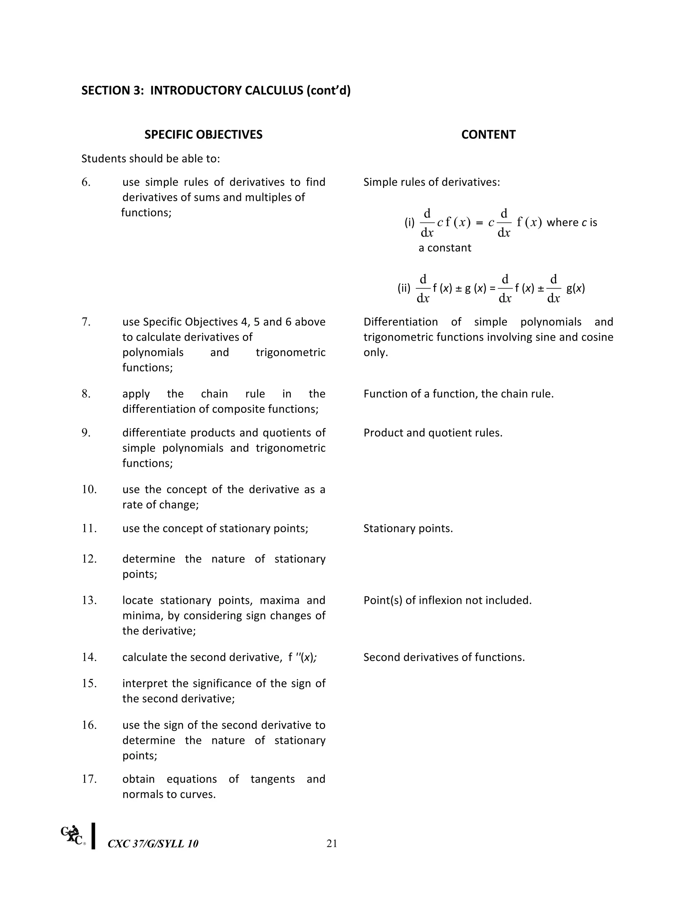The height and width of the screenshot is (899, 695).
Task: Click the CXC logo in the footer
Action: [73, 835]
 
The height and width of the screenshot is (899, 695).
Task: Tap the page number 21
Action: [332, 843]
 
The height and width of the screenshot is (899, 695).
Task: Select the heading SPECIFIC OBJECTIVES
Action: [203, 135]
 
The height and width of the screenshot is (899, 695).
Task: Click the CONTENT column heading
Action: [488, 135]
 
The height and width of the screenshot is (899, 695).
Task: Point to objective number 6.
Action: [86, 182]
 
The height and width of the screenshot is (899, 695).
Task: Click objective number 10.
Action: [89, 490]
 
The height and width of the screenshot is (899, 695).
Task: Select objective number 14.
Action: [89, 657]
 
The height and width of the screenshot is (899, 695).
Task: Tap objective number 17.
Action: [89, 779]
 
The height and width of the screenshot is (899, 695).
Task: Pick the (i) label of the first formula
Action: [409, 223]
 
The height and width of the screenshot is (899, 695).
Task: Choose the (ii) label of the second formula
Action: [404, 288]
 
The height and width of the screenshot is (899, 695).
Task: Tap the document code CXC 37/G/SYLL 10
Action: [153, 844]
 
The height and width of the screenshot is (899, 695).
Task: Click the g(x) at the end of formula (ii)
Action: [576, 288]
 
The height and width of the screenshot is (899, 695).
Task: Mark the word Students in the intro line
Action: [103, 158]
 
